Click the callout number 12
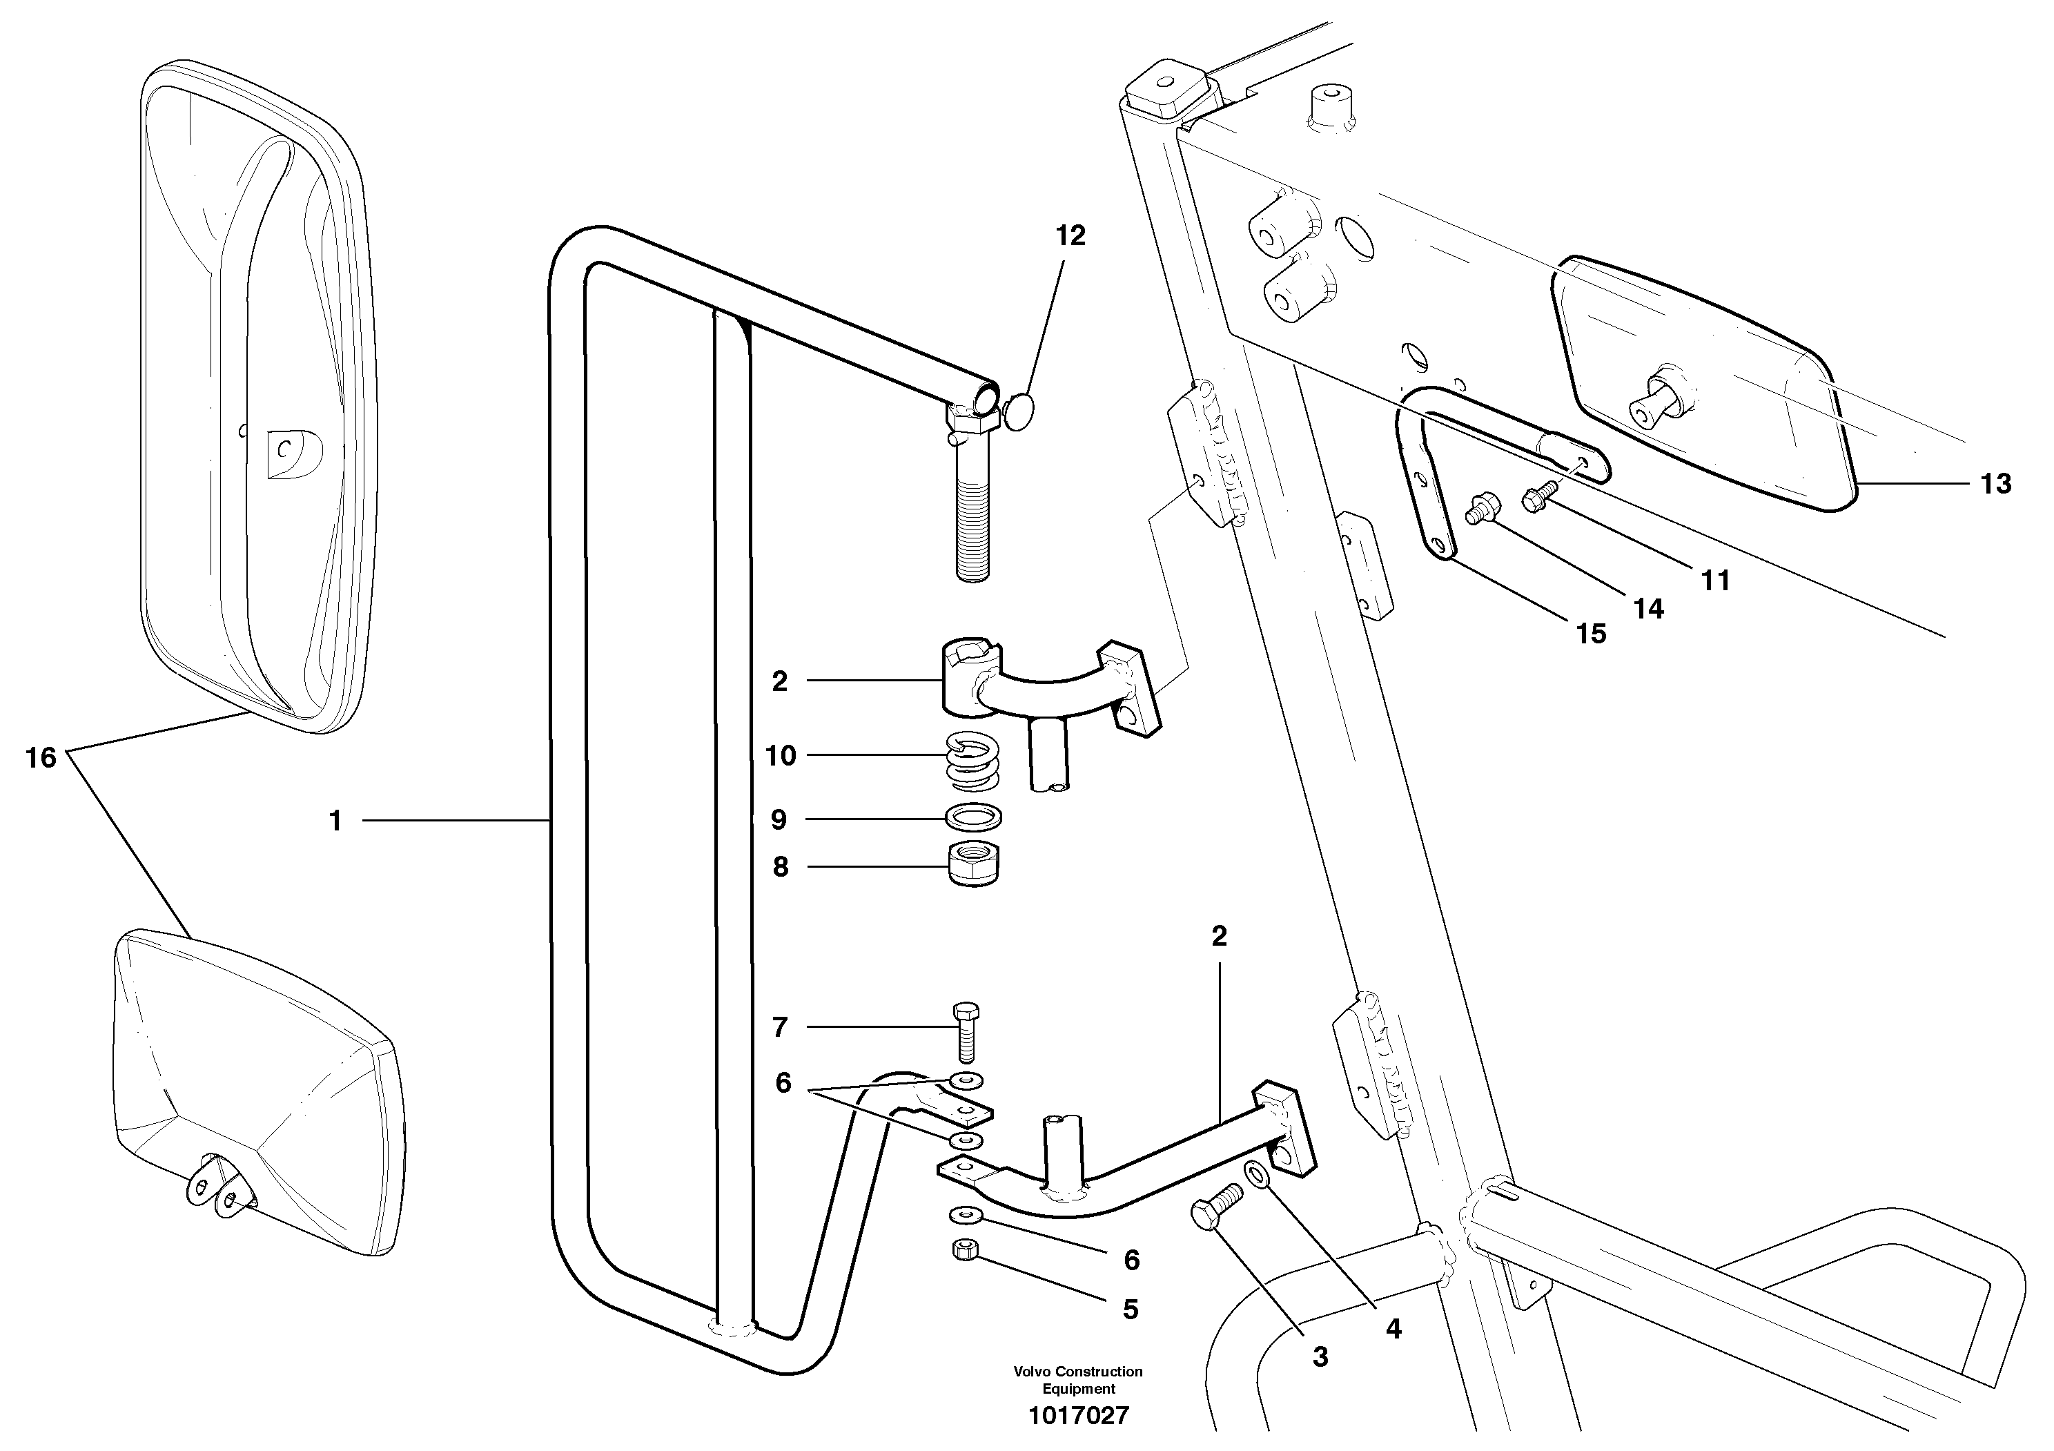1070,235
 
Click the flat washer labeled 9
973,817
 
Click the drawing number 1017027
1078,1415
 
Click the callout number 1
335,820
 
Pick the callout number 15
1591,634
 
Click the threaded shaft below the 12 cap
973,528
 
